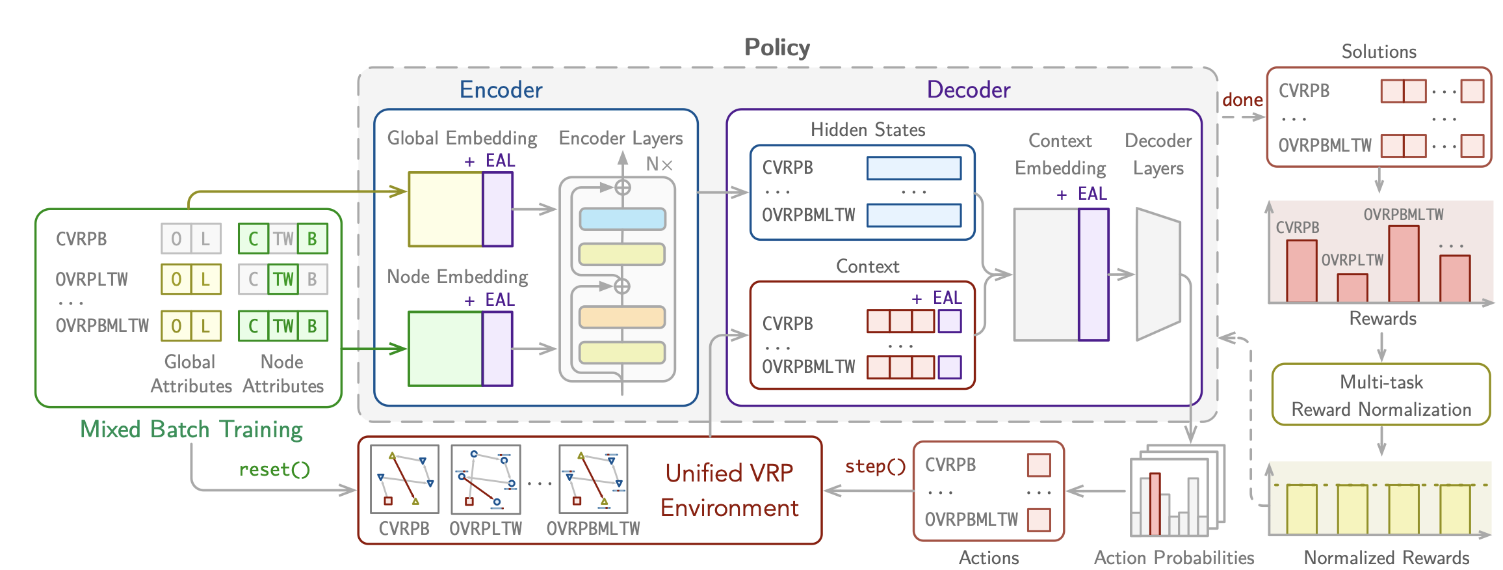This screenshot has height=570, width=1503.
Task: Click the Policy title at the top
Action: point(777,47)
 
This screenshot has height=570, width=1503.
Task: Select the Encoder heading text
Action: point(501,90)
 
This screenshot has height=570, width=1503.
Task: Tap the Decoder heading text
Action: point(968,90)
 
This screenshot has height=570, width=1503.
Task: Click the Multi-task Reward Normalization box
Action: point(1381,395)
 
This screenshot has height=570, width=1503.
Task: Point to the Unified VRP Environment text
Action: point(729,491)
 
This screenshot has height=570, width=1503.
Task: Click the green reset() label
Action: point(274,469)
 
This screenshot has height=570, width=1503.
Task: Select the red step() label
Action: point(875,467)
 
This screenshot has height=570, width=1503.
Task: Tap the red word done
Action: point(1242,100)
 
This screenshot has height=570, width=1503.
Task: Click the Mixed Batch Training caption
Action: point(191,429)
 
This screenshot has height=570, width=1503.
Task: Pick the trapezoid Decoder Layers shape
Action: point(1158,275)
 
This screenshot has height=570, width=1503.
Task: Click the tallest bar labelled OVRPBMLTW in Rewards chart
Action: point(1403,264)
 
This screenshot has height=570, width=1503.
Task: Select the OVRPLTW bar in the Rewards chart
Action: point(1352,288)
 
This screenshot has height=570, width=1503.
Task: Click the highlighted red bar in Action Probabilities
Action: point(1155,504)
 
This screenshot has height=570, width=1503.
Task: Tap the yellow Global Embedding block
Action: point(445,210)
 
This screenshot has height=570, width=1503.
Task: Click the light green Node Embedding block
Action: point(445,349)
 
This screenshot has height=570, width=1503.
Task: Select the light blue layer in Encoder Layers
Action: point(622,219)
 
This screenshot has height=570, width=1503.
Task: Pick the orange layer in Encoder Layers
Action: point(622,318)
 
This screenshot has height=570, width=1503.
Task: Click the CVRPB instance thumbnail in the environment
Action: point(404,479)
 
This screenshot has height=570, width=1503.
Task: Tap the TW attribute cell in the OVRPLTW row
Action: point(283,279)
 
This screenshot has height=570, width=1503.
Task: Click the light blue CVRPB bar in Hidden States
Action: point(913,168)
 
